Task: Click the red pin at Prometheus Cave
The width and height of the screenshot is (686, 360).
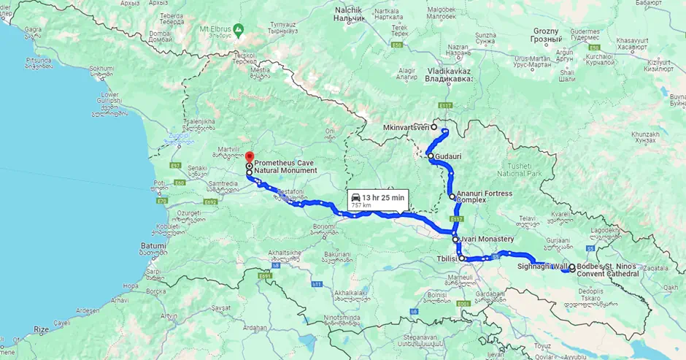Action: (249, 157)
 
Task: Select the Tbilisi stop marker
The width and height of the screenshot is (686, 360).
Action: (462, 258)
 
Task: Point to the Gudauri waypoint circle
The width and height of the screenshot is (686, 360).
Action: (431, 156)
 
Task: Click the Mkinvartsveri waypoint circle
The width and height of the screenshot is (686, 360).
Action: (433, 127)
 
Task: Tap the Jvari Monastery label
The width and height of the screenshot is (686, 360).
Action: (487, 240)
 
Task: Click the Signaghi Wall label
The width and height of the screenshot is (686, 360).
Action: (542, 267)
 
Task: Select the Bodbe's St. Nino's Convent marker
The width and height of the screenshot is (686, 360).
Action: (571, 267)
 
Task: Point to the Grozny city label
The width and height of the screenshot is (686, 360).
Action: (546, 31)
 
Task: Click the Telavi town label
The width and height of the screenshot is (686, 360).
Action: (528, 218)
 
